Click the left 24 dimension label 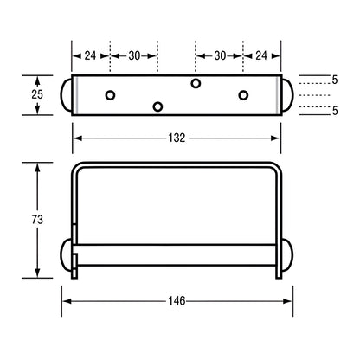(x=90, y=55)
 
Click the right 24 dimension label (x=261, y=55)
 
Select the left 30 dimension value (x=134, y=55)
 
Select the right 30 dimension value (x=220, y=55)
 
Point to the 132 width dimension (x=176, y=137)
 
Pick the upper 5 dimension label (x=333, y=80)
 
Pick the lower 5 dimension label (x=333, y=110)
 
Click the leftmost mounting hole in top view (x=110, y=93)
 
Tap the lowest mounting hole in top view (x=157, y=106)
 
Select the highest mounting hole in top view (x=196, y=83)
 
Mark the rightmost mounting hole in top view (x=243, y=93)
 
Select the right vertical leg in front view (x=279, y=216)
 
